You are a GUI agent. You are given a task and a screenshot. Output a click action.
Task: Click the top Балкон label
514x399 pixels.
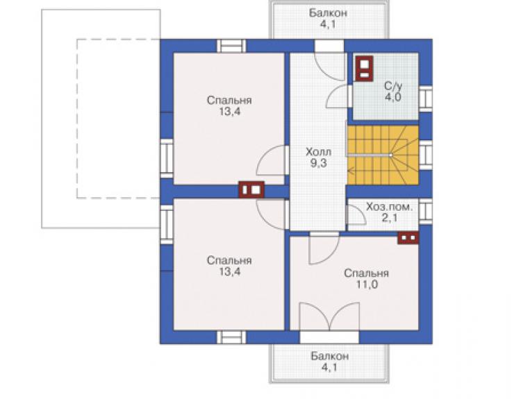(328, 13)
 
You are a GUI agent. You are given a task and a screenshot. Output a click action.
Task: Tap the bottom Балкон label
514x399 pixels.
(329, 356)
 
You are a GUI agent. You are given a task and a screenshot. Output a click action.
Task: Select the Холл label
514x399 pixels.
(318, 152)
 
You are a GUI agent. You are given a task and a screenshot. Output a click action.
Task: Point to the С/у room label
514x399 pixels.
(392, 86)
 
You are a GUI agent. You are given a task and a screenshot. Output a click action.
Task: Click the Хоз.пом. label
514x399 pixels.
(389, 207)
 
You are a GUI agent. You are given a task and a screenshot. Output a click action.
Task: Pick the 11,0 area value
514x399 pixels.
(367, 285)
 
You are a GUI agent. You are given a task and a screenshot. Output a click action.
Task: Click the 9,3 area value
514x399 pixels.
(318, 163)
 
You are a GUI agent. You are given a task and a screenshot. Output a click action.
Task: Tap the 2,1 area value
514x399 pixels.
(390, 217)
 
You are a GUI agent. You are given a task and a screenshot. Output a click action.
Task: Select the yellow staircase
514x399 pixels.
(383, 155)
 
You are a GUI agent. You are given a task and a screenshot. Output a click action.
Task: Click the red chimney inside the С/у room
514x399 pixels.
(365, 69)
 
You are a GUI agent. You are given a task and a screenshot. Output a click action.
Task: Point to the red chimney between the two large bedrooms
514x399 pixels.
(251, 189)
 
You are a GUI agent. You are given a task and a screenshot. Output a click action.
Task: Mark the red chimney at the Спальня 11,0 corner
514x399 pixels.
(408, 238)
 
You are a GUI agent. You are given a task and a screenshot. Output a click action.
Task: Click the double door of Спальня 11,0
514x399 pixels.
(329, 316)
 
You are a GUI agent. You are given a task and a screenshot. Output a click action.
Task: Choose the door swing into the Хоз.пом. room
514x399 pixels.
(356, 214)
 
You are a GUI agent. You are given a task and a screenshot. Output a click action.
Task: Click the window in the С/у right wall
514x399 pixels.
(426, 99)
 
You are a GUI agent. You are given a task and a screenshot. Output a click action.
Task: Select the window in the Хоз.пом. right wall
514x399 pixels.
(426, 211)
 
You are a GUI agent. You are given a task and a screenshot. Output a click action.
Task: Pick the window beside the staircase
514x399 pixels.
(426, 155)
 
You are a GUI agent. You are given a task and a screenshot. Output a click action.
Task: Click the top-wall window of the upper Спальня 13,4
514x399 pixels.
(231, 46)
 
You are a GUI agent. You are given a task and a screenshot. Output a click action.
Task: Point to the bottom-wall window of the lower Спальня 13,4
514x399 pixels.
(231, 337)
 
